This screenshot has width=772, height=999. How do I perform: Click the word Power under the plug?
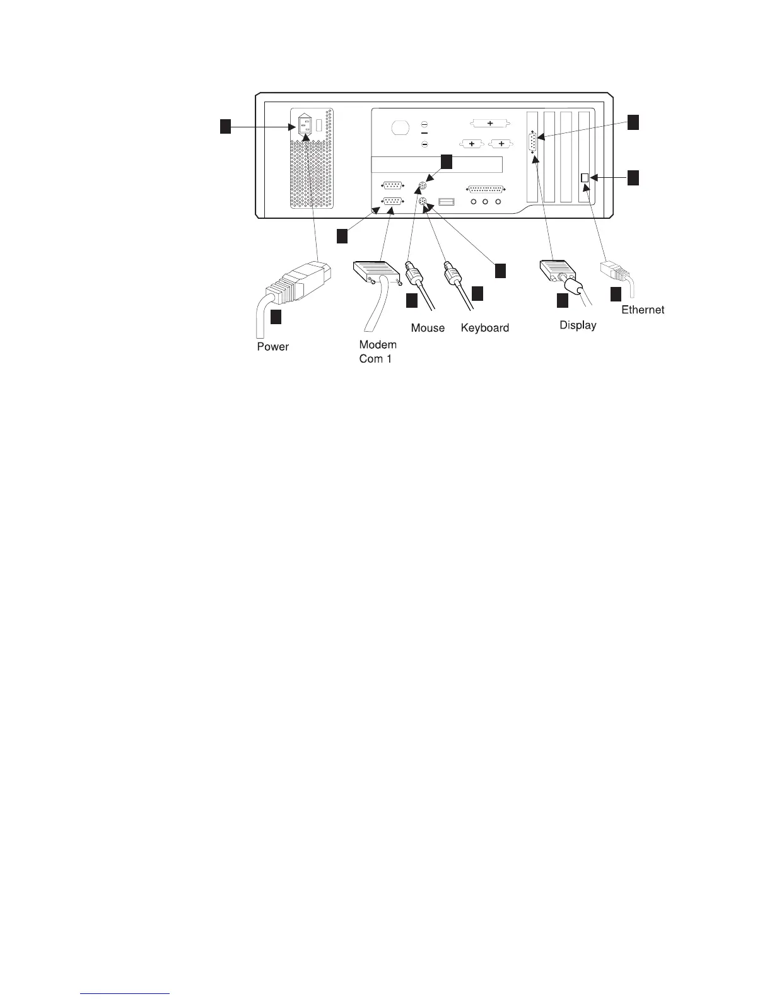[272, 347]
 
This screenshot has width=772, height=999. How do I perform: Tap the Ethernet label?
[643, 310]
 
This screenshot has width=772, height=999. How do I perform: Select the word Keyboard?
[484, 328]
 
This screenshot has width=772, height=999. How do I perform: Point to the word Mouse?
[428, 328]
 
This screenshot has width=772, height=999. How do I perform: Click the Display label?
[578, 325]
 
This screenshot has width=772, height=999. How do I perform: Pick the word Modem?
[378, 345]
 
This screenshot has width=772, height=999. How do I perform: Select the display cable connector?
[559, 272]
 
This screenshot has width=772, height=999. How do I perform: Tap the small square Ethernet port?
[585, 178]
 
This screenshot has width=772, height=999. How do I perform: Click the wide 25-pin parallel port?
[485, 189]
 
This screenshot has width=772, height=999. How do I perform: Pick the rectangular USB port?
[447, 202]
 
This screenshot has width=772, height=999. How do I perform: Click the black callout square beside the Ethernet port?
[633, 178]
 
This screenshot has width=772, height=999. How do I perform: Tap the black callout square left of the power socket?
[225, 127]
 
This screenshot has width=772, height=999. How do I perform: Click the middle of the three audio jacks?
[485, 202]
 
